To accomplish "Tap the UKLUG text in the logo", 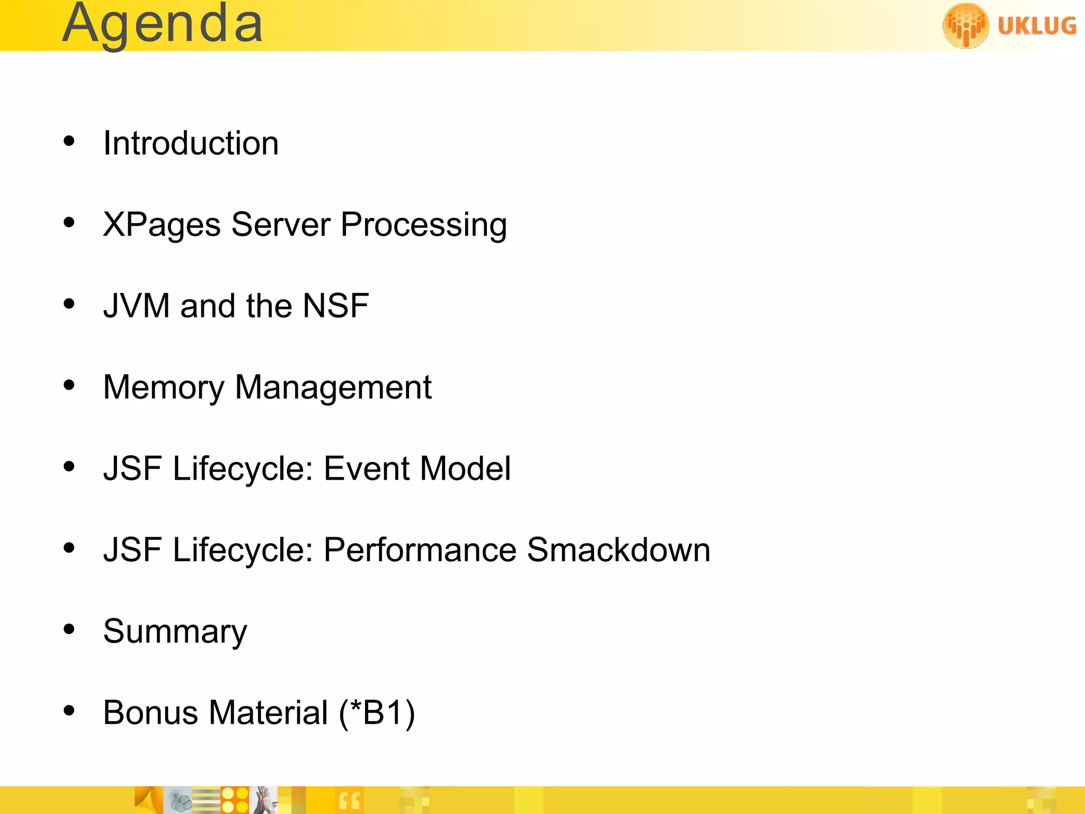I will click(1037, 25).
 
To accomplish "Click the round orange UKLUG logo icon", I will click(965, 25).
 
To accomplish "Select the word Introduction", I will click(191, 143).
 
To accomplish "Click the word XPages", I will click(162, 225).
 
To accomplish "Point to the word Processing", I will click(423, 225).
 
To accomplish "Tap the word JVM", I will click(136, 306).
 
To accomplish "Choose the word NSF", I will click(335, 306).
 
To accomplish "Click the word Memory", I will click(164, 387).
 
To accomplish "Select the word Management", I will click(333, 387).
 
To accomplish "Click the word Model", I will click(466, 468).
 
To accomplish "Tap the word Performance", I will click(420, 550).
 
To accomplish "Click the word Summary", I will click(175, 631).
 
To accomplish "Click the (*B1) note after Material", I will click(377, 712).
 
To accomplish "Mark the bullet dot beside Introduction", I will click(69, 141).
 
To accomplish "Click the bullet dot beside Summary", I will click(69, 629).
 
